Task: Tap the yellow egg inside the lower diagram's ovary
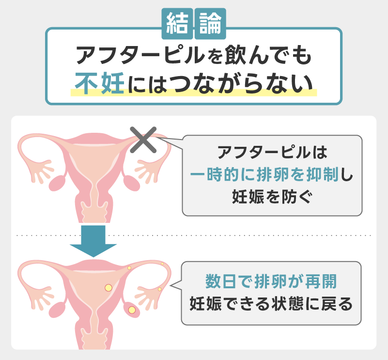pos(131,309)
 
